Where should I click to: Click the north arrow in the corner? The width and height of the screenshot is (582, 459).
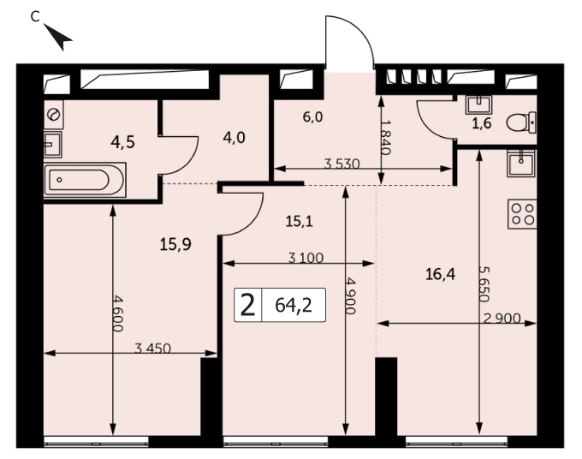[59, 37]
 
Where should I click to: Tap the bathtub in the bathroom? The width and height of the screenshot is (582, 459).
[85, 180]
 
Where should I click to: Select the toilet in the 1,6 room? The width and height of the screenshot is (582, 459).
[521, 122]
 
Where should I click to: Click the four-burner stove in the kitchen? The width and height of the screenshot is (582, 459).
[523, 214]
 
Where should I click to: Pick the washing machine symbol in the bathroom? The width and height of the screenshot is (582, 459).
[53, 115]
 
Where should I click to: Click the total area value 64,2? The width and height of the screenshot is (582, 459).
[294, 305]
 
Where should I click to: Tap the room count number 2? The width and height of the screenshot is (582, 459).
[248, 305]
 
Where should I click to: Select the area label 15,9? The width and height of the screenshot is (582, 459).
[175, 244]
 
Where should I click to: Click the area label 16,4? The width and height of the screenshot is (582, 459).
[440, 275]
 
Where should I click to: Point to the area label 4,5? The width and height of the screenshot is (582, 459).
[122, 142]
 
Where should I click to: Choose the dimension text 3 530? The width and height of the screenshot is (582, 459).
[341, 164]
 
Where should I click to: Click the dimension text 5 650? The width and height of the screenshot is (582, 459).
[484, 284]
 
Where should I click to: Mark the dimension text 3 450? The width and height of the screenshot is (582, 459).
[152, 349]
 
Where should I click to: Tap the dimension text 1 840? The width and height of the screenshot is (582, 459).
[386, 137]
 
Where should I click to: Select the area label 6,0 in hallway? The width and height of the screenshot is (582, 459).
[312, 117]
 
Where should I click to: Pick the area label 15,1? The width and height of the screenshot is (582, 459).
[300, 222]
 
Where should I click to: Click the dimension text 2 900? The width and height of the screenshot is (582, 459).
[502, 319]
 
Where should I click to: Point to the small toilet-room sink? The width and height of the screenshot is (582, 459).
[478, 105]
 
